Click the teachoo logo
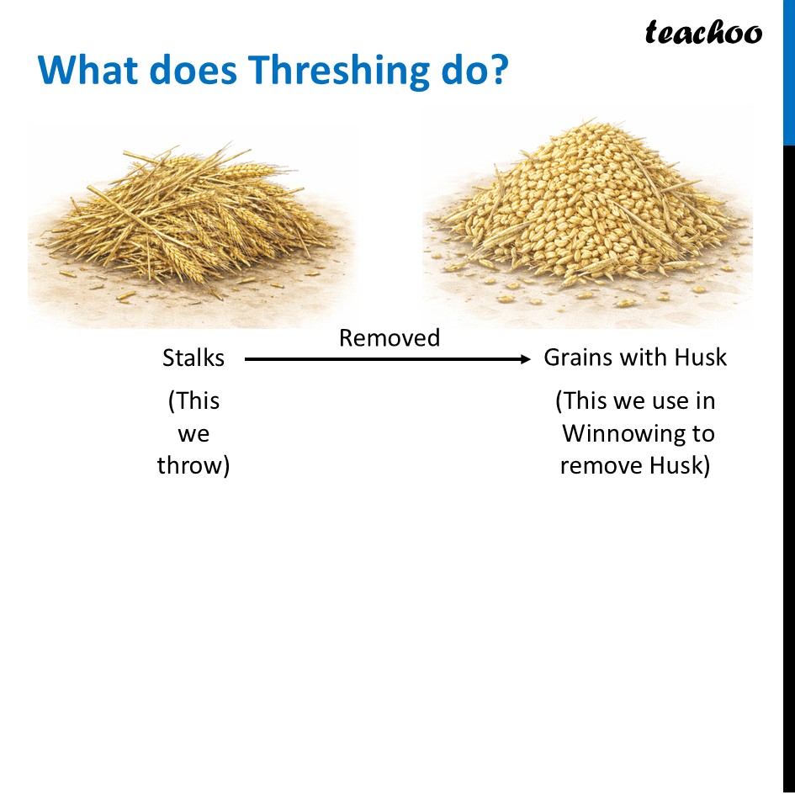703,33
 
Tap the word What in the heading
88,72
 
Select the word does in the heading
194,72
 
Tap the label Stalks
193,358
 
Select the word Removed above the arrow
390,338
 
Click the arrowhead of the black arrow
526,359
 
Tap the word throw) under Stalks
193,466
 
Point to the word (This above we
193,401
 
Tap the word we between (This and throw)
193,434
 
